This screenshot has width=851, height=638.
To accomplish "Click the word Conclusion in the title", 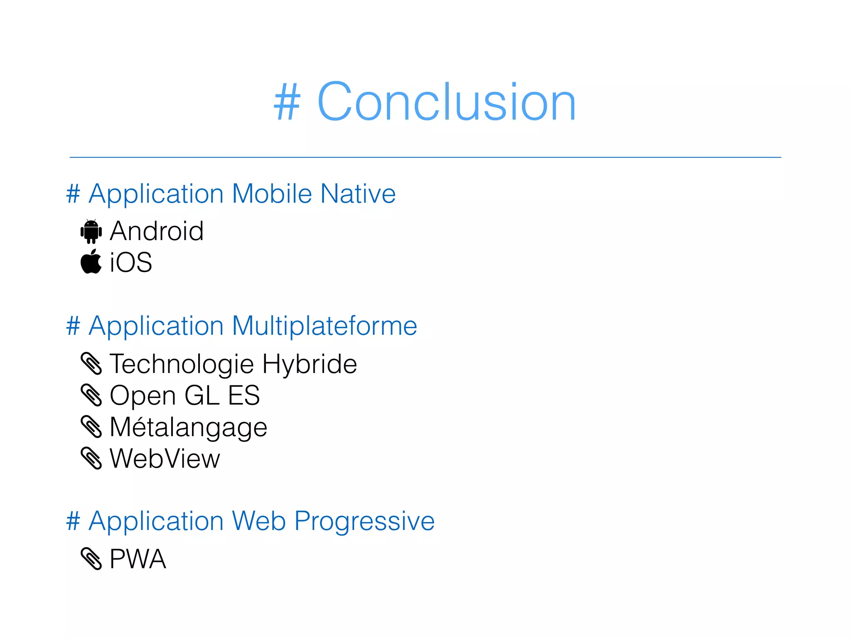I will coord(446,102).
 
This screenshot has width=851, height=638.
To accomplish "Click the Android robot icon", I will coord(91,231).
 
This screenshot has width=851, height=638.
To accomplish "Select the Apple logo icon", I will coord(91,262).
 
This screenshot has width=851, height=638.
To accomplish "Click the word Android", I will coord(157,231).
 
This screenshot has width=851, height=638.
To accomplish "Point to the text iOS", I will coord(131,263).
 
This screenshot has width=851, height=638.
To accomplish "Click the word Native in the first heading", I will coord(358,194).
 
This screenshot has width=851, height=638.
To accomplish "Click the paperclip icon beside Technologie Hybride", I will coord(91,363).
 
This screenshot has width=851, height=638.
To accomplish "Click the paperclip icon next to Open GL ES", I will coord(91,395).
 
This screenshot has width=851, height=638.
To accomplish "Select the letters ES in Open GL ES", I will coord(244,395).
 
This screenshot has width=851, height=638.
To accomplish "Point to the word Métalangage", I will coord(188,427).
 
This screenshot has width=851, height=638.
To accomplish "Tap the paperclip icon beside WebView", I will coord(91,459).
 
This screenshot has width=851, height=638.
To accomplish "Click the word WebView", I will coord(165,459).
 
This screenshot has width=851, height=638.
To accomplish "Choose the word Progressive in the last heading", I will coord(364,521).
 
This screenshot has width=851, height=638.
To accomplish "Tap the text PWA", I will coord(138,559).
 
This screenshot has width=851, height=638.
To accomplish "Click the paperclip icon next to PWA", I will coord(91,559).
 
